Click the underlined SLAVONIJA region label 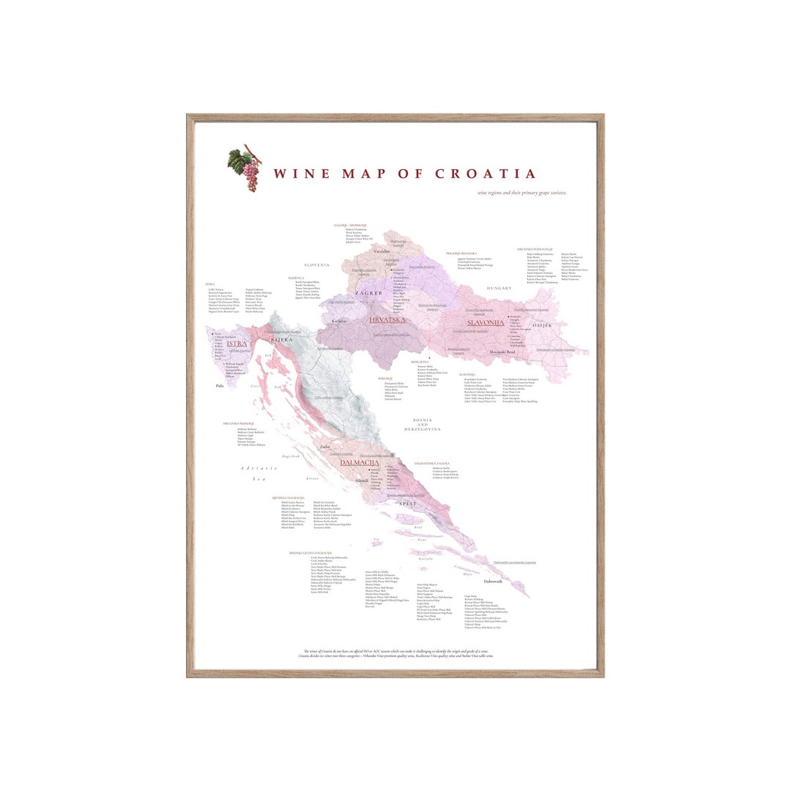pyautogui.click(x=483, y=322)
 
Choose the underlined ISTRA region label pyautogui.click(x=237, y=343)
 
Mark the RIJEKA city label pyautogui.click(x=281, y=340)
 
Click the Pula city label pyautogui.click(x=220, y=385)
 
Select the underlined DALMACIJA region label pyautogui.click(x=359, y=463)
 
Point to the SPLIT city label pyautogui.click(x=408, y=504)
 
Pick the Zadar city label pyautogui.click(x=325, y=446)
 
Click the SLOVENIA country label pyautogui.click(x=317, y=265)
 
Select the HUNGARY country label pyautogui.click(x=499, y=289)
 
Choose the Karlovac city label pyautogui.click(x=338, y=321)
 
